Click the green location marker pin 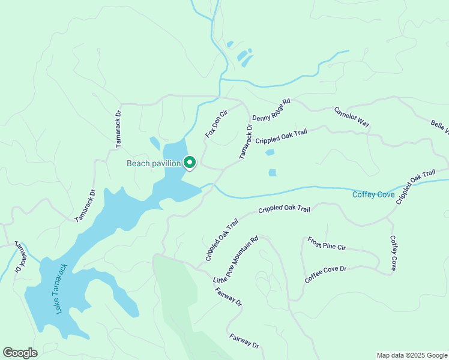190,163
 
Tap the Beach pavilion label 154,163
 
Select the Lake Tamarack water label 62,289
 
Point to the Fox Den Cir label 217,124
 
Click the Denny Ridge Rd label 271,110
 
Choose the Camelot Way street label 352,116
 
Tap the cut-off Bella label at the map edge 439,127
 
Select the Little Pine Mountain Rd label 235,259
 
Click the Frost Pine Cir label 327,243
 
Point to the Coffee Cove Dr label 326,275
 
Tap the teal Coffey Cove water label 373,194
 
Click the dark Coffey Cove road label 394,253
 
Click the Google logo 20,353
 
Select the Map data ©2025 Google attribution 411,355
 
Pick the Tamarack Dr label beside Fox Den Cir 246,142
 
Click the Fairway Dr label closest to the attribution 244,341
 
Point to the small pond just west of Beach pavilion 155,143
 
